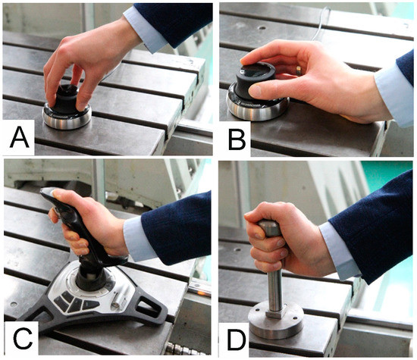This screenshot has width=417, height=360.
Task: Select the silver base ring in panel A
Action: point(67,117)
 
